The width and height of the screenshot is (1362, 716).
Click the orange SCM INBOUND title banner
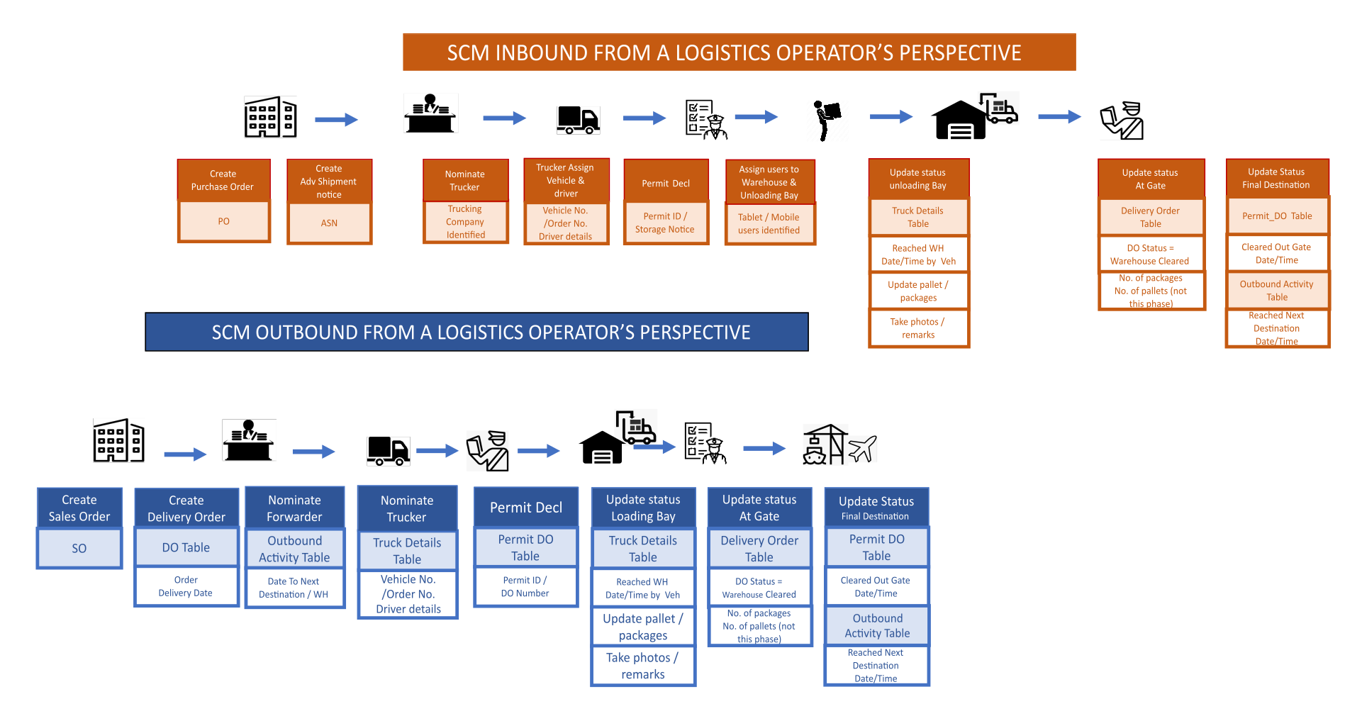point(739,52)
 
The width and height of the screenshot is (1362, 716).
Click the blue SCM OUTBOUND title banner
point(476,332)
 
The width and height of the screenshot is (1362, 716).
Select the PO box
point(223,221)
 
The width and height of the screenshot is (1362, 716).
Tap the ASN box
point(329,223)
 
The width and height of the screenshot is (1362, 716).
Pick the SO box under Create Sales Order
point(79,548)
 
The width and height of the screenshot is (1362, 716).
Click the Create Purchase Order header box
point(223,180)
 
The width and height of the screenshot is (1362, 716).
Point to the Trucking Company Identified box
point(465,222)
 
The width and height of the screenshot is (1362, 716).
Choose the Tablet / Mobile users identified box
point(769,223)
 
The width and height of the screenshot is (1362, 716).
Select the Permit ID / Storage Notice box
point(665,223)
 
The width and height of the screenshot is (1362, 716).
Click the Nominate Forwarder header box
point(294,508)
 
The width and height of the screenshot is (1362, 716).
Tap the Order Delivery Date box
point(186,586)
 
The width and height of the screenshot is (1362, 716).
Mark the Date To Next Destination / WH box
point(294,588)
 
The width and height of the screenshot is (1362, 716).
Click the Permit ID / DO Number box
point(525,586)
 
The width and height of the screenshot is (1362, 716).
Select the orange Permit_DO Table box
point(1277,216)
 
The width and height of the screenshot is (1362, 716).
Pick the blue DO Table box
point(186,547)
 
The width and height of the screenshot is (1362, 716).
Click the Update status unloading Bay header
point(918,179)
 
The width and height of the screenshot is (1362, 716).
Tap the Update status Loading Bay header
point(643,508)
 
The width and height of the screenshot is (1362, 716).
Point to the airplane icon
point(862,448)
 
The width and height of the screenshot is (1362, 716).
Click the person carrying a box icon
point(827,119)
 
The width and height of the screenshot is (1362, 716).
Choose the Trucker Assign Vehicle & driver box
point(566,180)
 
